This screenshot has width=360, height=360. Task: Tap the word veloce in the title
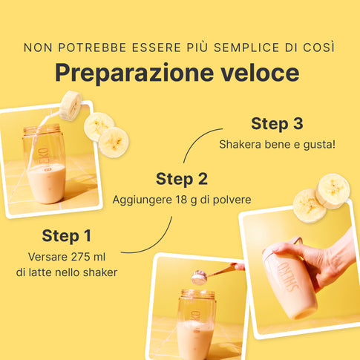(x=260, y=73)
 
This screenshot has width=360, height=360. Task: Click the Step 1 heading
(x=67, y=235)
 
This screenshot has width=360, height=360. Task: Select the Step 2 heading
(x=182, y=179)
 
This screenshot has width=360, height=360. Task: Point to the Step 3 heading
(x=277, y=123)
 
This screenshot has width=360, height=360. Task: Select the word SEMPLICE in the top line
(x=246, y=48)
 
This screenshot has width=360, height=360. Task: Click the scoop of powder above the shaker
(x=199, y=278)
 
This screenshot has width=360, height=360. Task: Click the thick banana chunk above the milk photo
(x=71, y=105)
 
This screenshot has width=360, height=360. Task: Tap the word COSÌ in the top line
(x=322, y=47)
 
